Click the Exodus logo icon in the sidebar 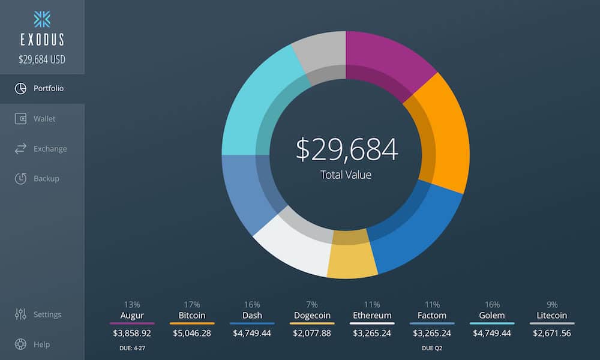42,19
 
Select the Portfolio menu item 48,89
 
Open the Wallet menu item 44,119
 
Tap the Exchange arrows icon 20,149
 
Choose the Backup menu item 46,179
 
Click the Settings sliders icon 20,314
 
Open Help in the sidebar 41,344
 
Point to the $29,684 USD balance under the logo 42,59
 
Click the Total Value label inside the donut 346,175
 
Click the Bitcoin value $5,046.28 192,333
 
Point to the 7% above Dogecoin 312,305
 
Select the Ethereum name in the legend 372,316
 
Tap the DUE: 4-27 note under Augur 132,347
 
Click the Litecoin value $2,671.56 552,333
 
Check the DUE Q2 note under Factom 432,347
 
